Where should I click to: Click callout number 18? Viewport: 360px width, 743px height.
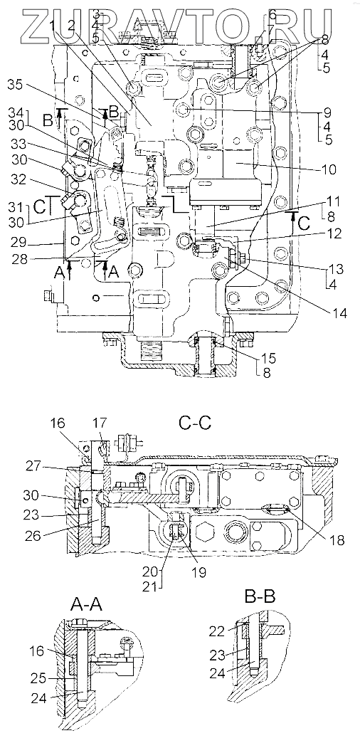tap(339, 539)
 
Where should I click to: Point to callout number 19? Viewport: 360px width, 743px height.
tap(199, 572)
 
